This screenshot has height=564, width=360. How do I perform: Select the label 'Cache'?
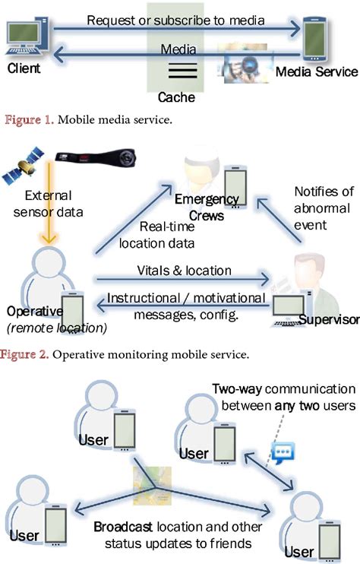(x=175, y=97)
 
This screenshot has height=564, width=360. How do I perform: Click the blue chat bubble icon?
(x=282, y=455)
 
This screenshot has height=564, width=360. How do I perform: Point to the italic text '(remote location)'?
(x=46, y=328)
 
